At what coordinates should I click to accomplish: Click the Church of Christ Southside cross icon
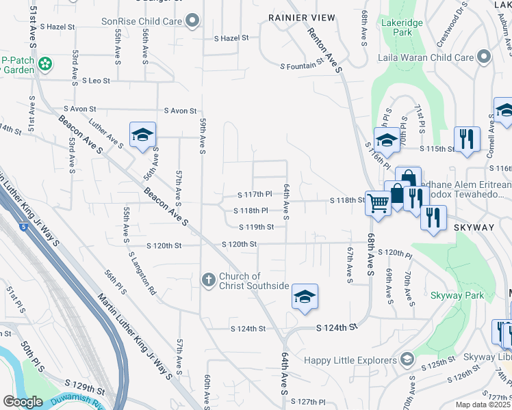(x=209, y=279)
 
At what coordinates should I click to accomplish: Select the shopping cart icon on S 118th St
(x=377, y=202)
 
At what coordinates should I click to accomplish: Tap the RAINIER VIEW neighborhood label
(x=302, y=17)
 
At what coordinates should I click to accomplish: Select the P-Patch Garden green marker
(x=45, y=65)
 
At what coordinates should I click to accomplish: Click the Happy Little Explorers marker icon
(x=407, y=359)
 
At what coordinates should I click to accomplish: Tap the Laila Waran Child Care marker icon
(x=484, y=57)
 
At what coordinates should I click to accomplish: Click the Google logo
(x=23, y=402)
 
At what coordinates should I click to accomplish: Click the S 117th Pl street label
(x=255, y=195)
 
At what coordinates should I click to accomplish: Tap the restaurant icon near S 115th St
(x=467, y=138)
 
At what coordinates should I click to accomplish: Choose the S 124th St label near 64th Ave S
(x=337, y=328)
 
